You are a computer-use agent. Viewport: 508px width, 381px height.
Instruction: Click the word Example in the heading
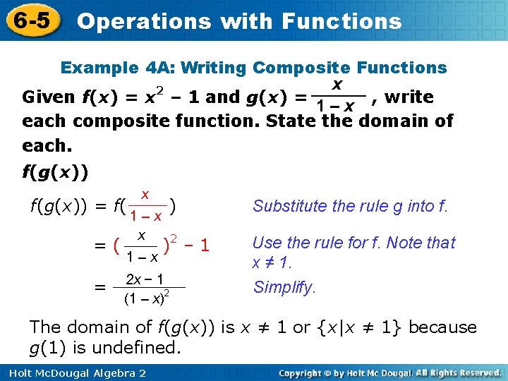(x=99, y=68)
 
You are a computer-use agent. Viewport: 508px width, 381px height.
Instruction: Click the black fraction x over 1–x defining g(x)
(x=338, y=96)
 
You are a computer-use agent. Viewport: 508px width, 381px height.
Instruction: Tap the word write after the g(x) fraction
(x=409, y=97)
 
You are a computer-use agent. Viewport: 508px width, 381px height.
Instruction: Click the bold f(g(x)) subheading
(x=56, y=172)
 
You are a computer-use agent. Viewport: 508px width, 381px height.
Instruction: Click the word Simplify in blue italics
(x=284, y=287)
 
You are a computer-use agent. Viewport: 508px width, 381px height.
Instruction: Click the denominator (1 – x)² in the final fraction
(x=145, y=298)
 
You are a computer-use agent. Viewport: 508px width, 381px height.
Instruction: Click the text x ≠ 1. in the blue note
(x=271, y=262)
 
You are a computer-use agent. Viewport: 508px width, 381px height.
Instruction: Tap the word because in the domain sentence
(x=442, y=327)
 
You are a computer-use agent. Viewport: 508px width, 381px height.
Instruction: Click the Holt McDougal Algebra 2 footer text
(x=73, y=372)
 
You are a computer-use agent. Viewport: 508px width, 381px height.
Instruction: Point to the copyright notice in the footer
(x=389, y=372)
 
